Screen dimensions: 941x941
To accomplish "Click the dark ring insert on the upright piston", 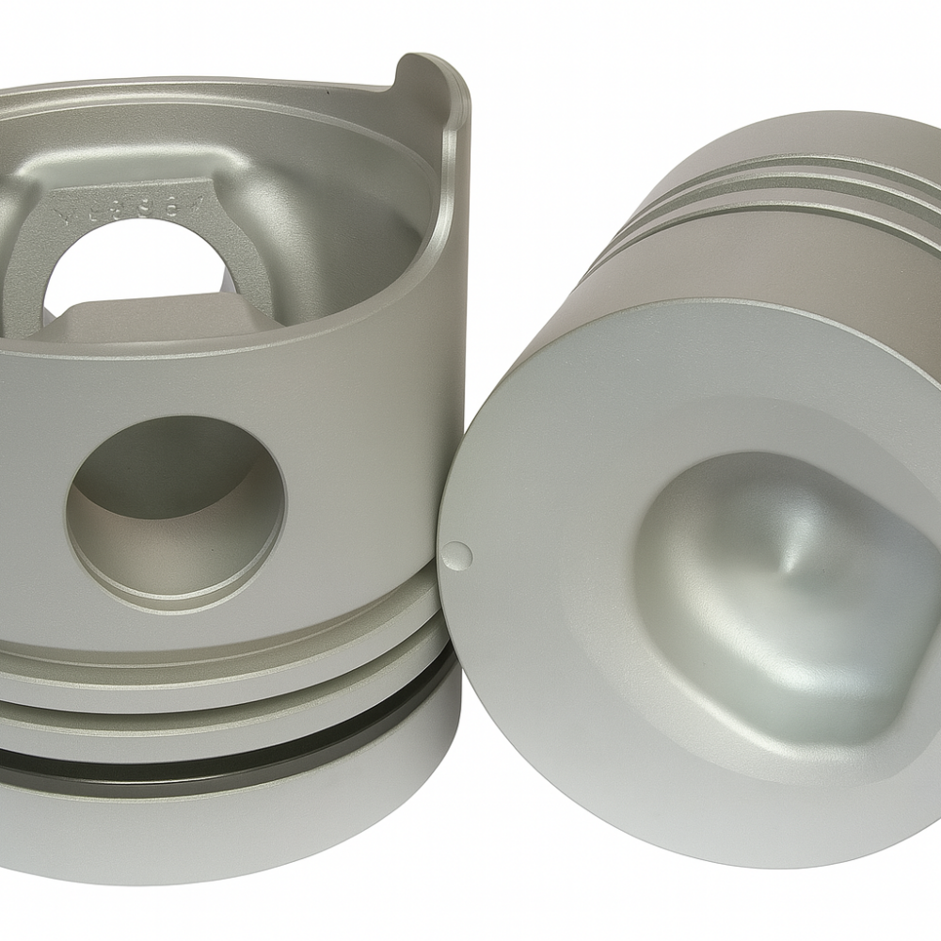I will pos(235,749).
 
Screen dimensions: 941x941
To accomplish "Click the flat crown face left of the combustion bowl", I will pos(546,527).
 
